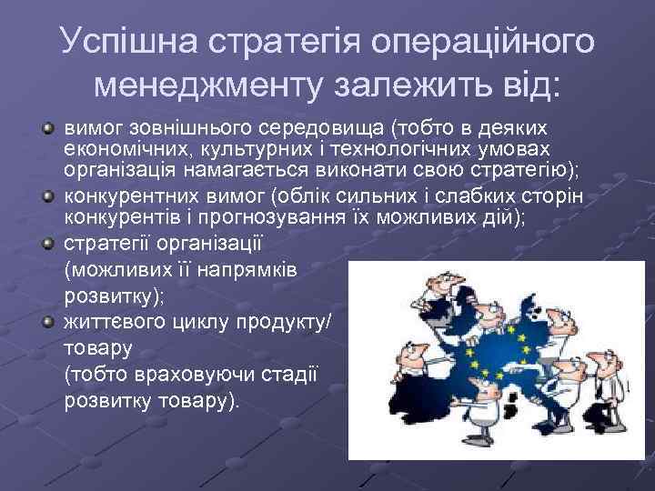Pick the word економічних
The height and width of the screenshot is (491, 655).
(x=116, y=150)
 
